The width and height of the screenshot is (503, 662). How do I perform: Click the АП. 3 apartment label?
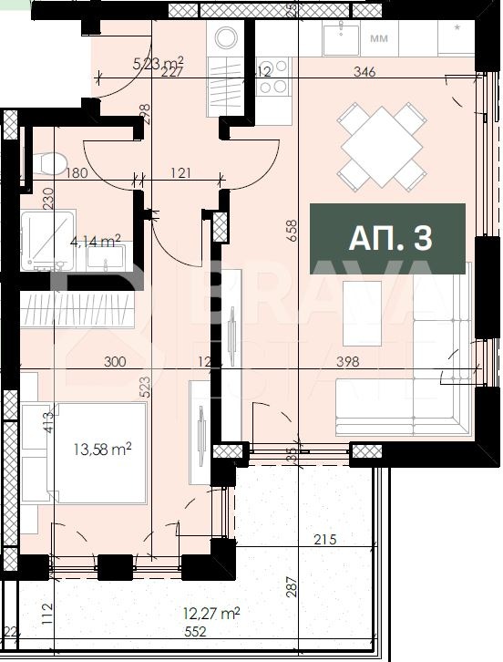pyautogui.click(x=389, y=239)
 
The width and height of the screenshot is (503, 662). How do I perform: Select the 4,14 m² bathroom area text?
pyautogui.click(x=96, y=242)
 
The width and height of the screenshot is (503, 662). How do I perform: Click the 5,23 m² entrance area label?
pyautogui.click(x=158, y=63)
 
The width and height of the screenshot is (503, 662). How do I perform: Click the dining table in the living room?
pyautogui.click(x=382, y=145)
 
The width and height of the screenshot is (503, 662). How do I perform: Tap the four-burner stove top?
pyautogui.click(x=274, y=78)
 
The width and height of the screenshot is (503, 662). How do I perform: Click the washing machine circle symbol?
pyautogui.click(x=223, y=36)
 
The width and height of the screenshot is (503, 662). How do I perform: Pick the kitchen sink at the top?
pyautogui.click(x=345, y=37)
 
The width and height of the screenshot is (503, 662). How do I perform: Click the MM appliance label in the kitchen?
pyautogui.click(x=379, y=39)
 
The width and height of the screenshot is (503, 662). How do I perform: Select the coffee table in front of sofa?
pyautogui.click(x=362, y=312)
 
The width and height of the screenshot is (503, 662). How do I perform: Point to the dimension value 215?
pyautogui.click(x=324, y=540)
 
